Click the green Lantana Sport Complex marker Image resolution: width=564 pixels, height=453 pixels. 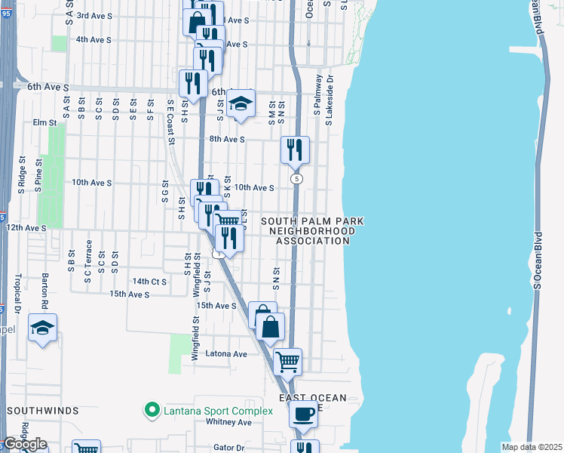[x=152, y=411]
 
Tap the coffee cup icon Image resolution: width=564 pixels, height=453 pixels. [x=303, y=414]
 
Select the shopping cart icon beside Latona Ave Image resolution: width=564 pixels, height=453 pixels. [x=287, y=362]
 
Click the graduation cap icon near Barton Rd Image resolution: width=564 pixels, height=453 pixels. [x=42, y=328]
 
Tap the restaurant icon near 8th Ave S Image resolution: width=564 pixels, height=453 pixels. [x=295, y=149]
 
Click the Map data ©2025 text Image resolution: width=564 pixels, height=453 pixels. [x=532, y=447]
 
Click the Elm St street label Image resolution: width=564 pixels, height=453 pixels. [x=44, y=122]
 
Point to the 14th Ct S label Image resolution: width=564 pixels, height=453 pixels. [x=148, y=281]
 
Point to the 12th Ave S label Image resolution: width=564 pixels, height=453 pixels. [x=26, y=227]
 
